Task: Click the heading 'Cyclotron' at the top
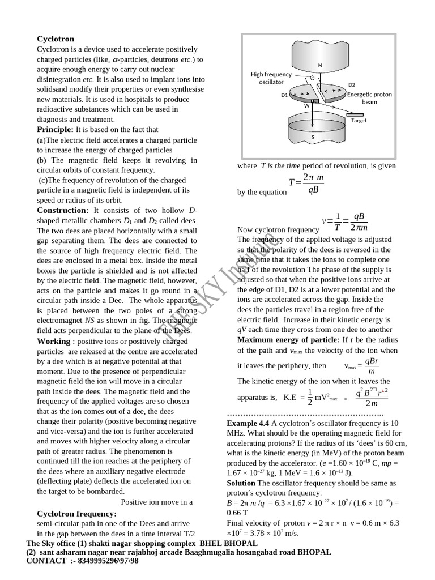tap(56, 39)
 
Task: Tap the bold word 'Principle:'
tap(56, 130)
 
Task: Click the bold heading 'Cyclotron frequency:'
tap(76, 513)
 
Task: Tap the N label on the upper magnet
tap(320, 66)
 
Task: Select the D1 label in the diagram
tap(284, 95)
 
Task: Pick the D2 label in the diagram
tap(352, 85)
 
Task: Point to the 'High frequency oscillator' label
tap(271, 78)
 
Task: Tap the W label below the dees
tap(306, 105)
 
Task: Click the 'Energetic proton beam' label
tap(369, 98)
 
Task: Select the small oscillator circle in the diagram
tap(313, 78)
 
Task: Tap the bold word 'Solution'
tap(241, 483)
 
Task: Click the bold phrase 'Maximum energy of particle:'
tap(288, 340)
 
